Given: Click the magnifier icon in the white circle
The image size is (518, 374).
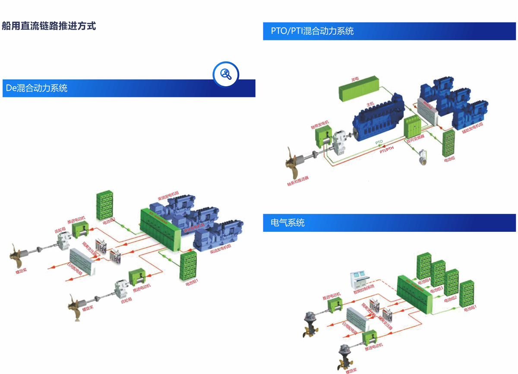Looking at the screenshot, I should click(x=226, y=74).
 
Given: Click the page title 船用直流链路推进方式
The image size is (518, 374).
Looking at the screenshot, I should click(x=49, y=26).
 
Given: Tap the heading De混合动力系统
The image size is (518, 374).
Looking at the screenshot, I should click(x=37, y=88).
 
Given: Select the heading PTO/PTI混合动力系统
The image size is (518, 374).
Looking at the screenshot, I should click(x=312, y=31).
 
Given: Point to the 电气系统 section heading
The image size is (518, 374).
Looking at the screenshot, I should click(x=287, y=223).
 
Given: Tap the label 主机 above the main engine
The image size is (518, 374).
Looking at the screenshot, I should click(x=370, y=104).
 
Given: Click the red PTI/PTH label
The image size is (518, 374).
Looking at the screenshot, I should click(x=386, y=150).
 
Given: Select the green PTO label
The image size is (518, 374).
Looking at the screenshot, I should click(x=379, y=142).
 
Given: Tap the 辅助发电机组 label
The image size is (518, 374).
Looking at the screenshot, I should click(x=473, y=128).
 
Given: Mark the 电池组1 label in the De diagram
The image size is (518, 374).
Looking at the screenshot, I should click(x=192, y=283).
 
